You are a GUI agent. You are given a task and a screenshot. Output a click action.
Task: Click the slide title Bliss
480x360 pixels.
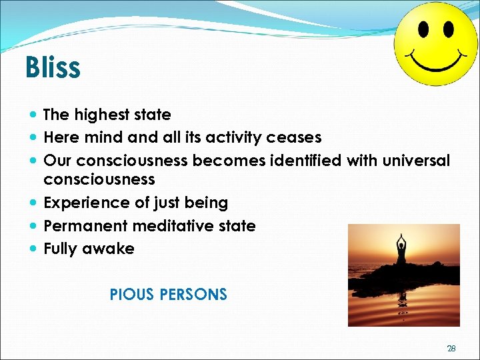53,67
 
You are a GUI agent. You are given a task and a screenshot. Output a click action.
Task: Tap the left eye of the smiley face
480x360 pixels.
423,29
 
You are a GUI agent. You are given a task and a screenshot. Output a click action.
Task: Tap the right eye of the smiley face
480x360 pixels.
447,29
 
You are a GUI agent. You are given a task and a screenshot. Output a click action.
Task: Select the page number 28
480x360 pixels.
451,348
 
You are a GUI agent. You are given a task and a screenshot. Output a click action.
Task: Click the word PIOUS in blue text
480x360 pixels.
131,294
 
